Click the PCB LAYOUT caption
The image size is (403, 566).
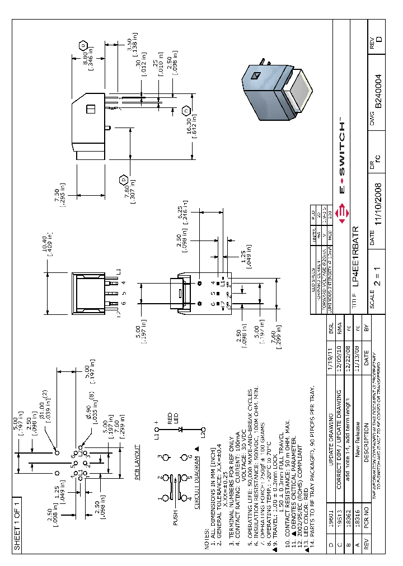137,462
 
